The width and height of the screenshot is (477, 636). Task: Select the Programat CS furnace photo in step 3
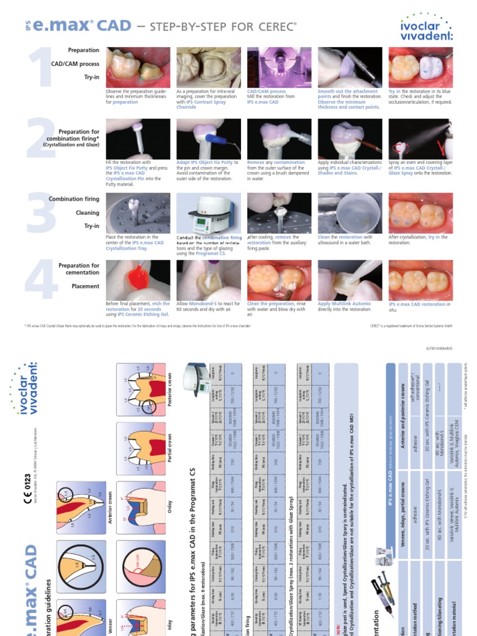click(208, 212)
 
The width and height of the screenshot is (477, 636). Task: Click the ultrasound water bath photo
click(349, 212)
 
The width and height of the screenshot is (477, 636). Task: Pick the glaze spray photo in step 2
click(419, 139)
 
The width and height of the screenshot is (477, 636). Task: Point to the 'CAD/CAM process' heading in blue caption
click(266, 91)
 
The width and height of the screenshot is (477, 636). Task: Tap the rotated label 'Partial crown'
click(169, 451)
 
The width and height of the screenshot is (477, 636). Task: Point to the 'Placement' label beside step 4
click(86, 286)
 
